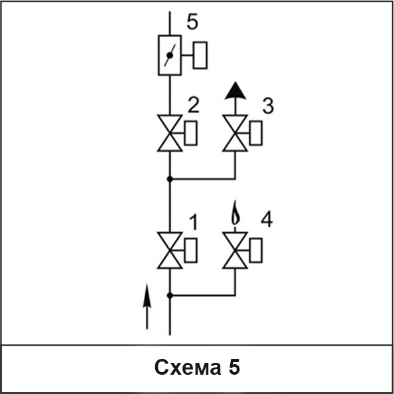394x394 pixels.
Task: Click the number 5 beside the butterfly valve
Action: click(x=192, y=22)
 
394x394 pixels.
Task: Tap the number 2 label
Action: click(x=194, y=105)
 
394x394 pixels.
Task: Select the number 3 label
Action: click(x=268, y=105)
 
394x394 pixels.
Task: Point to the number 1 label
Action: click(x=193, y=222)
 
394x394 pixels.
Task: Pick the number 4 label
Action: click(x=267, y=220)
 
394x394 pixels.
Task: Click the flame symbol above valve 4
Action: click(x=235, y=212)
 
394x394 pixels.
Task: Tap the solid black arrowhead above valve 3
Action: click(x=235, y=90)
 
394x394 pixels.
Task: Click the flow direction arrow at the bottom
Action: click(x=147, y=306)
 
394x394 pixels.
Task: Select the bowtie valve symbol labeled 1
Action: click(x=170, y=251)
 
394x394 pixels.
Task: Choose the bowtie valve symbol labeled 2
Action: click(x=170, y=133)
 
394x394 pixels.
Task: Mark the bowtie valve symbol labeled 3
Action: click(x=235, y=133)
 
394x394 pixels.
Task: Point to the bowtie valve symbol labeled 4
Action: click(x=235, y=251)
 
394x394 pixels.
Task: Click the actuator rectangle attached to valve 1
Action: click(x=191, y=250)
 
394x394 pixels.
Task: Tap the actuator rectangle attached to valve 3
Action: click(x=256, y=133)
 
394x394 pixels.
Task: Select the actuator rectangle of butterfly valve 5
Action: click(x=200, y=55)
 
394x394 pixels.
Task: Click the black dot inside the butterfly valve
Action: click(x=170, y=55)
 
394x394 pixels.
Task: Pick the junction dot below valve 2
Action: click(x=170, y=179)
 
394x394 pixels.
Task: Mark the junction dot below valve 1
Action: click(x=170, y=296)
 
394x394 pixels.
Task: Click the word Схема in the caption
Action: click(x=188, y=367)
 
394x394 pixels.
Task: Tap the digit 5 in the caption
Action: click(x=234, y=367)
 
